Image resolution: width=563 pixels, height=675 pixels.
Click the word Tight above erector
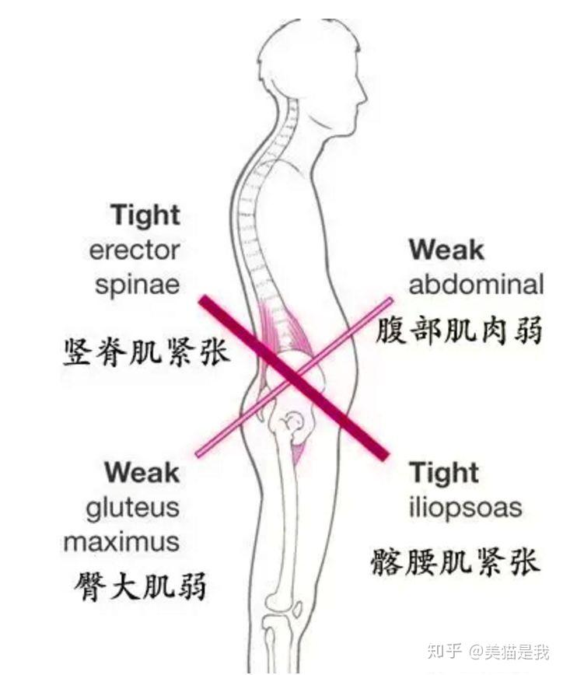145,215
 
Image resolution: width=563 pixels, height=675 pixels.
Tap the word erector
135,250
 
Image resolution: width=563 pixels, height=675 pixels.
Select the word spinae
137,285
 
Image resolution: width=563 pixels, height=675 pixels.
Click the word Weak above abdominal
446,250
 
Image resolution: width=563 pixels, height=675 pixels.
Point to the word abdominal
476,285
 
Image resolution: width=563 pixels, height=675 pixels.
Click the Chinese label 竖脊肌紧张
145,352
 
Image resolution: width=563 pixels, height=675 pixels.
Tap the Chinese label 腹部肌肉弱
459,331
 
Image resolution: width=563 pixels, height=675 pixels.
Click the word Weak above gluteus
142,472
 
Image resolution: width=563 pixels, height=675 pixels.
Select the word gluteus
132,509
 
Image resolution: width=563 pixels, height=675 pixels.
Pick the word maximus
121,541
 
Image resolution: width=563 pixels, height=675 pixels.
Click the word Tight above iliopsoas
444,472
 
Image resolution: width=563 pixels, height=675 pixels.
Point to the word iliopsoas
465,509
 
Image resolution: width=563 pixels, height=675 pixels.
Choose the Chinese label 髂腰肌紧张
454,561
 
